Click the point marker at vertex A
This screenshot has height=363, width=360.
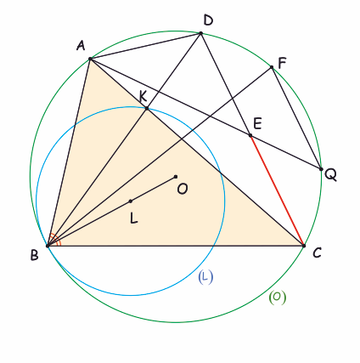[x=90, y=59]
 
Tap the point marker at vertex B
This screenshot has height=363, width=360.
[x=48, y=246]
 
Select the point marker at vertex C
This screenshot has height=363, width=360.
[x=304, y=246]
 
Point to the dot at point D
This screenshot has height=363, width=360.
[x=201, y=33]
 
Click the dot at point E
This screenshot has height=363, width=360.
[x=250, y=135]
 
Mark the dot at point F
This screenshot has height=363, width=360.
[x=272, y=67]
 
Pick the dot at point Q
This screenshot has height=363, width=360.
[x=321, y=169]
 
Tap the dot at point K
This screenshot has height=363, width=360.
[x=147, y=108]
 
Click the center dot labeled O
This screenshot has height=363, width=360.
[x=176, y=177]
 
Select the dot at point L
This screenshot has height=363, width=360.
[x=131, y=201]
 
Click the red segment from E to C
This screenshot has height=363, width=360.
[x=277, y=190]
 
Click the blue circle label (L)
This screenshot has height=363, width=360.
[x=205, y=278]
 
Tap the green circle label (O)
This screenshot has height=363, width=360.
[x=278, y=298]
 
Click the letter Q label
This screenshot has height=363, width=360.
[x=330, y=175]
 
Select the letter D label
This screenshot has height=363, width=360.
[x=208, y=20]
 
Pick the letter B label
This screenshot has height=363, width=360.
[x=34, y=255]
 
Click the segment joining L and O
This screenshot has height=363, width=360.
[x=153, y=189]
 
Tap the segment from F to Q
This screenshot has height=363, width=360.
[x=296, y=118]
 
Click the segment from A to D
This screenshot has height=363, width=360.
[x=145, y=46]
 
